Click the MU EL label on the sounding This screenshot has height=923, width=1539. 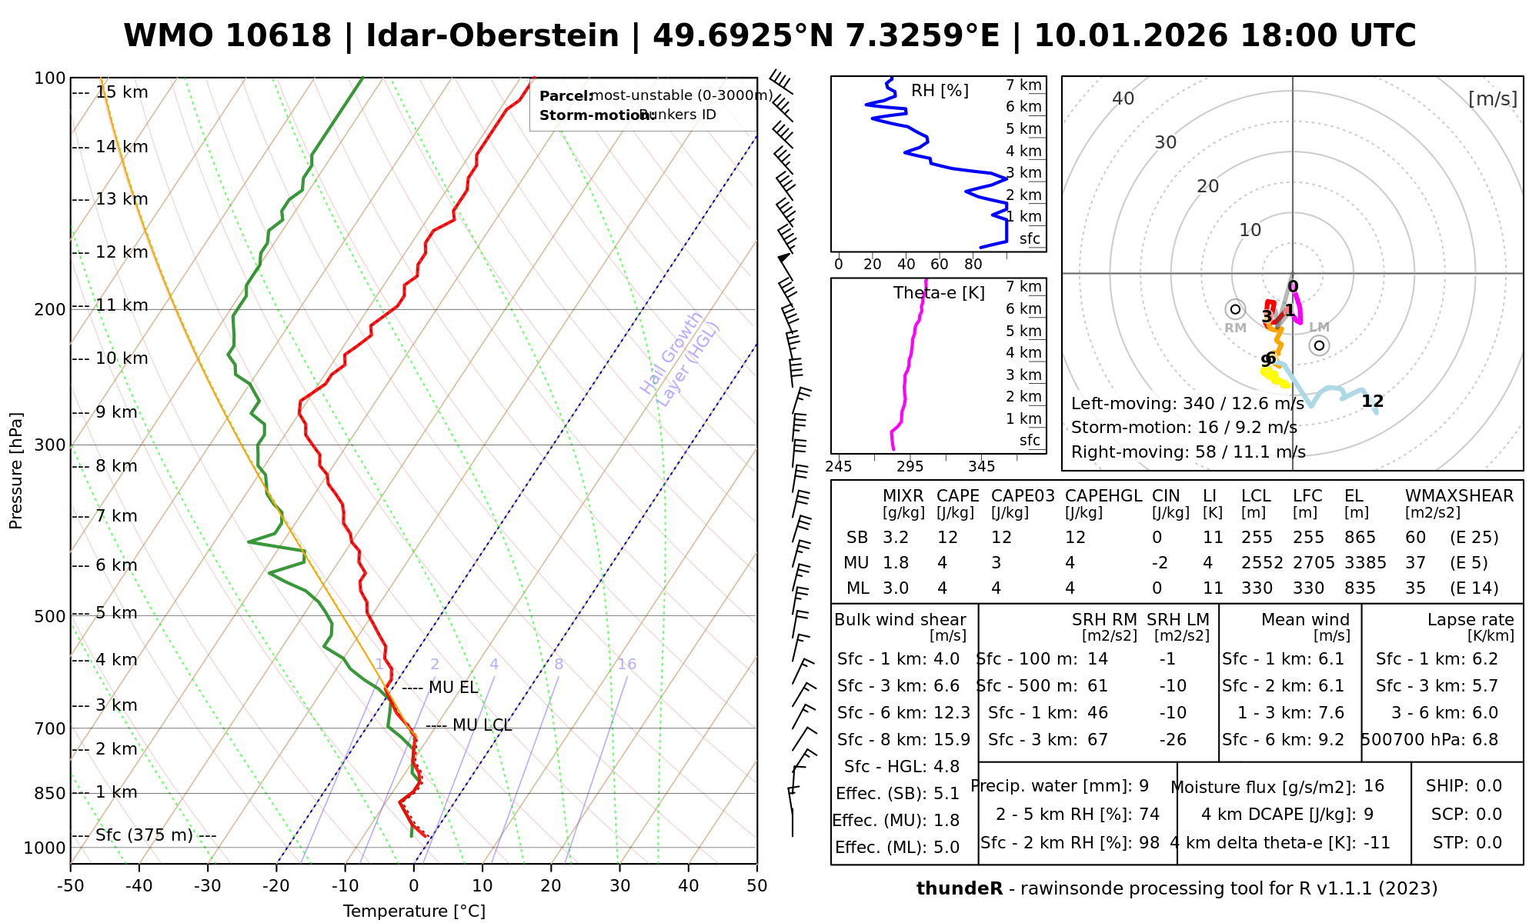click(x=453, y=688)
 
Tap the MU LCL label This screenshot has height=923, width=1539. click(x=482, y=725)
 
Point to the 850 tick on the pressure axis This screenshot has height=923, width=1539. click(x=52, y=793)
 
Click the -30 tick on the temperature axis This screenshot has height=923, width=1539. click(x=208, y=886)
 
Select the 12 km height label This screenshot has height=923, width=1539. click(x=122, y=252)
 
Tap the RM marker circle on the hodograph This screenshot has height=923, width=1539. click(x=1236, y=309)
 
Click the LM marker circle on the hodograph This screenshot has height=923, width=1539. click(x=1320, y=345)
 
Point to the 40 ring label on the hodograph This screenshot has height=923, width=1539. click(x=1123, y=98)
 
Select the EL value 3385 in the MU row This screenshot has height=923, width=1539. click(x=1365, y=563)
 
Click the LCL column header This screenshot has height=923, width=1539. click(x=1256, y=496)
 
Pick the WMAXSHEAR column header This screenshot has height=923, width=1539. click(x=1459, y=496)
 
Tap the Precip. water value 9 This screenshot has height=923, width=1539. click(x=1143, y=786)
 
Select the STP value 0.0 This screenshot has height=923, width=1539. click(x=1489, y=843)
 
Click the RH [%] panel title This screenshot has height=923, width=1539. click(x=940, y=91)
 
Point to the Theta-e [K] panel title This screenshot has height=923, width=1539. click(x=939, y=293)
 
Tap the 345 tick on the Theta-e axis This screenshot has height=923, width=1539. click(x=982, y=467)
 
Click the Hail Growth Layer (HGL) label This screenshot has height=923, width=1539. click(x=680, y=360)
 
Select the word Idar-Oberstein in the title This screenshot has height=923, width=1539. click(x=492, y=36)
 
